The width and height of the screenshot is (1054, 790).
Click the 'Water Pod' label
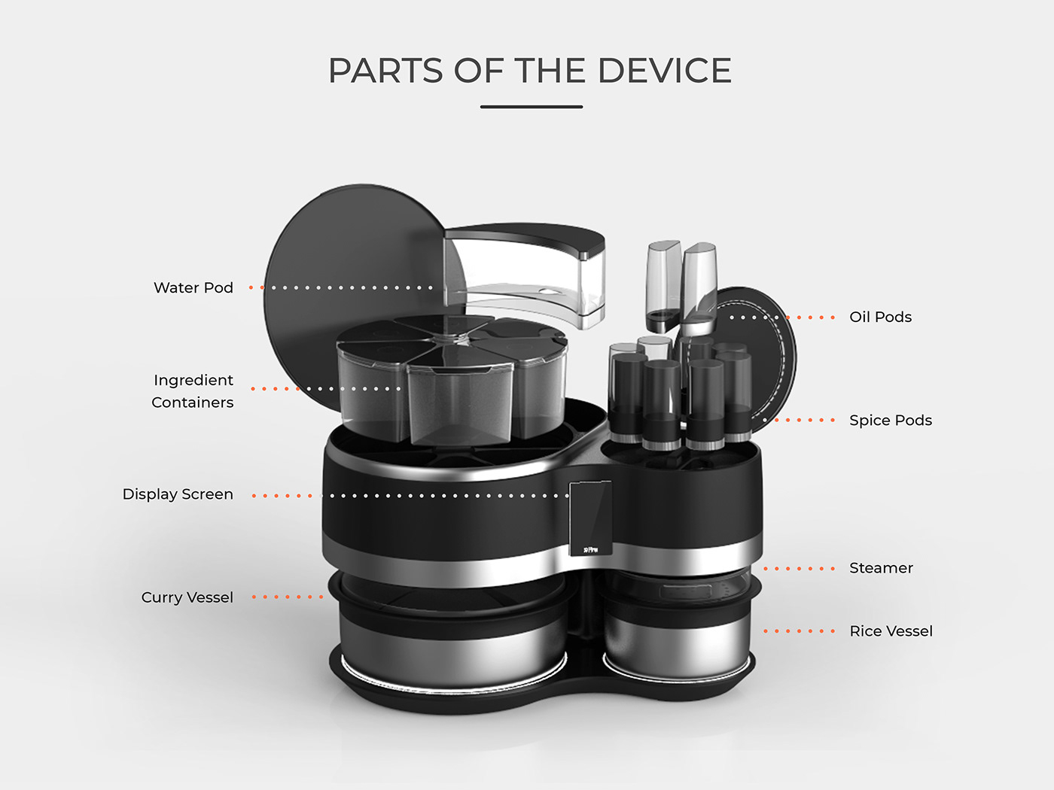point(193,287)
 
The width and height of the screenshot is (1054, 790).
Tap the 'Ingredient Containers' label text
point(193,391)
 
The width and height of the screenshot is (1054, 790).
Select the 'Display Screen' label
point(178,494)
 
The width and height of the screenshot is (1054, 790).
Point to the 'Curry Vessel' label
point(187,597)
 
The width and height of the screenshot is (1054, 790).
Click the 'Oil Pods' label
point(880,317)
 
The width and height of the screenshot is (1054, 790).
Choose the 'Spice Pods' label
point(890,421)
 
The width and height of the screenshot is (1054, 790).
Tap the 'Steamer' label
point(881,568)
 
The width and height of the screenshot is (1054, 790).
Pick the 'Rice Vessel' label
point(891,631)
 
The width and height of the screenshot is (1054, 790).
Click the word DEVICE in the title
point(664,71)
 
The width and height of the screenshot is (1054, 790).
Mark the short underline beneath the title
point(532,107)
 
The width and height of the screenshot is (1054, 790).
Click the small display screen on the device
point(590,515)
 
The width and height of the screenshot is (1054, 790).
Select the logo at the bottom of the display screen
point(590,550)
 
